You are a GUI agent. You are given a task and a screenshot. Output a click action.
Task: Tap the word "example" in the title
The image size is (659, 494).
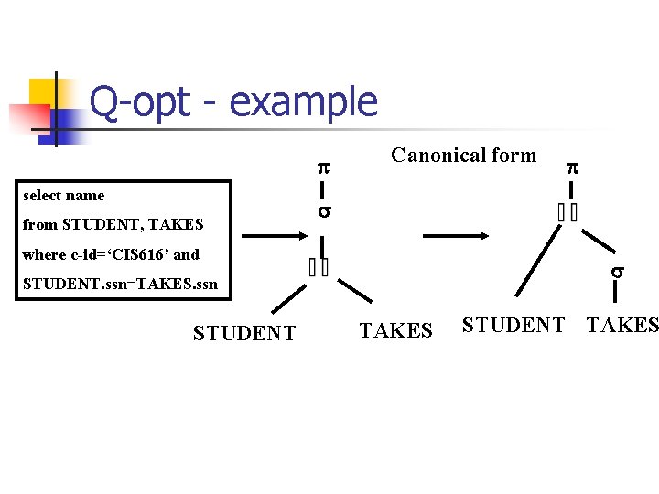(x=303, y=102)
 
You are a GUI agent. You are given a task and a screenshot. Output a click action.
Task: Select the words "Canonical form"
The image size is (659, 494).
(x=463, y=155)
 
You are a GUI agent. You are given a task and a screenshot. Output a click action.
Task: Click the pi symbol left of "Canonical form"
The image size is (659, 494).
(x=323, y=167)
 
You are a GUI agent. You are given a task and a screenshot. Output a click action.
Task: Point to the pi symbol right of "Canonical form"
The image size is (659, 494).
(x=572, y=167)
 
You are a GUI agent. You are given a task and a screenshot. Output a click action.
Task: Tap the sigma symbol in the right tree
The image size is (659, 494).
(x=618, y=272)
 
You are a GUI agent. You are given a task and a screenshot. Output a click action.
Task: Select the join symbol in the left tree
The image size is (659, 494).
(x=319, y=268)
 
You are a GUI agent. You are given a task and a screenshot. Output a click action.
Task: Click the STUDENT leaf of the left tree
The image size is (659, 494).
(x=244, y=333)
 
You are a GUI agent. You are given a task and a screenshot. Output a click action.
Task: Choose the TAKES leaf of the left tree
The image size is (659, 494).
(x=395, y=330)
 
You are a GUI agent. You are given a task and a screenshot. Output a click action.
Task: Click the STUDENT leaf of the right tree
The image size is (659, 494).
(x=513, y=325)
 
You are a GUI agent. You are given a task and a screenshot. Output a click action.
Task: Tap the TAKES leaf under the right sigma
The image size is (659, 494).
(x=622, y=325)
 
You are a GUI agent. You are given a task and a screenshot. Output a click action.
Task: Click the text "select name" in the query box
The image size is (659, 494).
(x=64, y=195)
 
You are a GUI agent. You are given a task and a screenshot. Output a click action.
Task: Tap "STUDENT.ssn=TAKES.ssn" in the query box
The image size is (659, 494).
(x=120, y=284)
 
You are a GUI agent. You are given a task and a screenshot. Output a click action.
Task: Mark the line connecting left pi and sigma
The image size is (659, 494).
(x=323, y=190)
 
